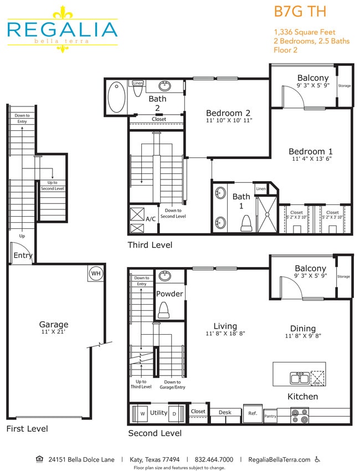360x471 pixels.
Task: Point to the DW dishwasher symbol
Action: [317, 378]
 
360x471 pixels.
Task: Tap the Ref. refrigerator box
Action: [253, 413]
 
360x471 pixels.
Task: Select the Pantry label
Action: [270, 416]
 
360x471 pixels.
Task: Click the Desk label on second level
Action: [225, 412]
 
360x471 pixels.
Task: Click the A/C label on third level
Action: [150, 219]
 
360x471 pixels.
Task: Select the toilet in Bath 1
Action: [246, 223]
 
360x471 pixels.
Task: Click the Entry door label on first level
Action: [23, 255]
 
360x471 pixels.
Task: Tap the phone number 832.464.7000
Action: [213, 459]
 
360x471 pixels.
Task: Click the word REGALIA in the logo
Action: [62, 29]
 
